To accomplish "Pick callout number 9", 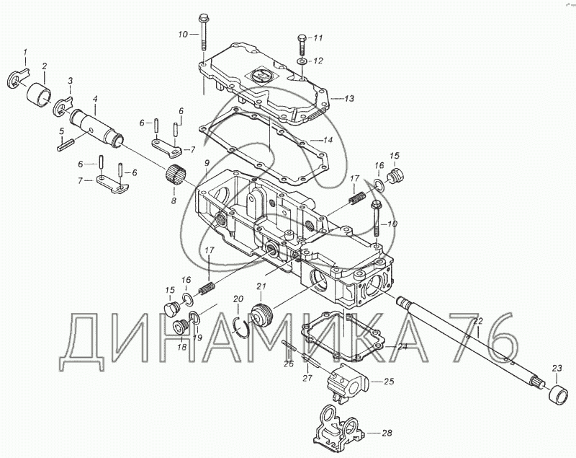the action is pyautogui.click(x=207, y=164).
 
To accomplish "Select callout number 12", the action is pyautogui.click(x=318, y=61).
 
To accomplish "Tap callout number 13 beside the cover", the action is pyautogui.click(x=348, y=98).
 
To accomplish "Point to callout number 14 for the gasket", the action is pyautogui.click(x=328, y=139).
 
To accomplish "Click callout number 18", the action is pyautogui.click(x=182, y=347).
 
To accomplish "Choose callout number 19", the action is pyautogui.click(x=198, y=336).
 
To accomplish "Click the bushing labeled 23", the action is pyautogui.click(x=557, y=395).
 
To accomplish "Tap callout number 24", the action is pyautogui.click(x=402, y=346).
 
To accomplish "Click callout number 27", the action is pyautogui.click(x=307, y=378).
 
